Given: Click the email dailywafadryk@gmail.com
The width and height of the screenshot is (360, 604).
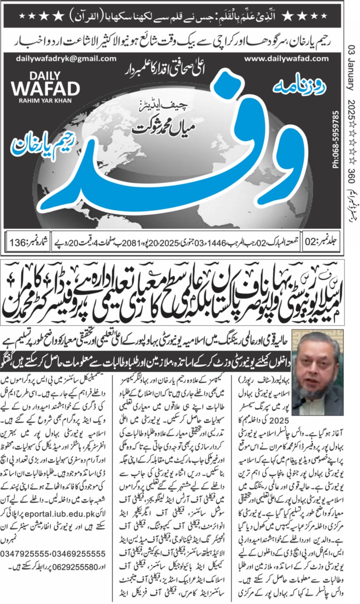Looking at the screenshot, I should click(x=66, y=59).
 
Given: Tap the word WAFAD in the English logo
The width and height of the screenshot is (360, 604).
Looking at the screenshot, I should click(x=45, y=89).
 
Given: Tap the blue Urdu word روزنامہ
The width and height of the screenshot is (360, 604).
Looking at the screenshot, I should click(x=298, y=87).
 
